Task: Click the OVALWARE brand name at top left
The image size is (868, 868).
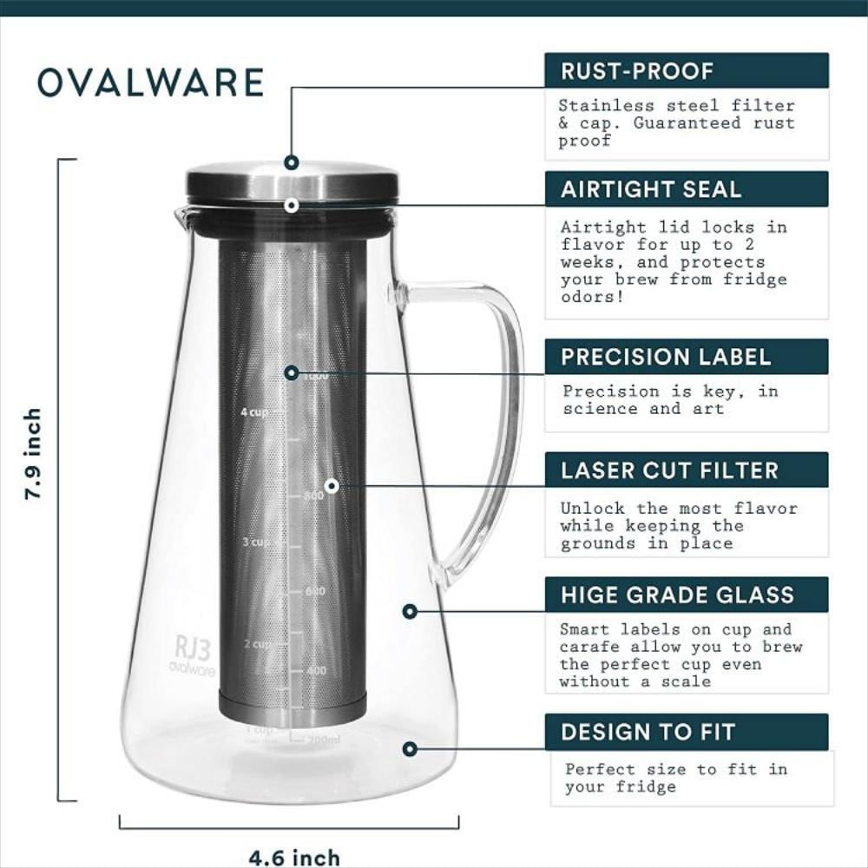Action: click(150, 82)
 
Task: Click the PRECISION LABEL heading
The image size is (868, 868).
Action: click(666, 357)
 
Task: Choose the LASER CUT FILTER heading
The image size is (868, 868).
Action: click(669, 470)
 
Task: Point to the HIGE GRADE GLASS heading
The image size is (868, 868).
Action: click(677, 595)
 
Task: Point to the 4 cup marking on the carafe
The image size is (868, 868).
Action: click(255, 412)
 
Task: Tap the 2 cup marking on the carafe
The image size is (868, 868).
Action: click(258, 644)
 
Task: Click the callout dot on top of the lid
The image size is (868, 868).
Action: click(292, 162)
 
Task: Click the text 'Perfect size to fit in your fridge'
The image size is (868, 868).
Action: click(676, 778)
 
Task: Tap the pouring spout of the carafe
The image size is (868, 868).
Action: click(181, 214)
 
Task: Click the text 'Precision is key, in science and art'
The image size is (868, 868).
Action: click(670, 400)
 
